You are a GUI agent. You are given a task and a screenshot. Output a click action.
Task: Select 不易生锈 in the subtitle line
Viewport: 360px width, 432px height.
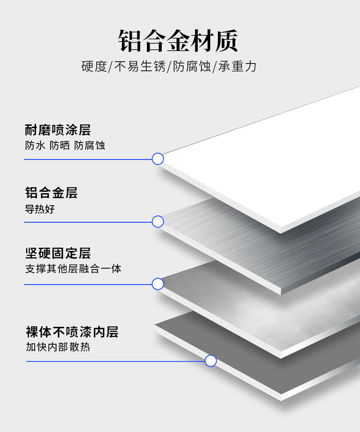pos(140,67)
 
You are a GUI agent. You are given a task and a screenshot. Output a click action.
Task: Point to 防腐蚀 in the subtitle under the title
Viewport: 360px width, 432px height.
pos(192,67)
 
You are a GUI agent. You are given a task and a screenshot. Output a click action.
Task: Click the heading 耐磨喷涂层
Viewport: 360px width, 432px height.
pos(58,129)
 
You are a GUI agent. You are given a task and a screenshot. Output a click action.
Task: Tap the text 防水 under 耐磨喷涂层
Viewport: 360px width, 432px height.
pos(36,146)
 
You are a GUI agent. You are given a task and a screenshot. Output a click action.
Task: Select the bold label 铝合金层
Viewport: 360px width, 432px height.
pos(51,193)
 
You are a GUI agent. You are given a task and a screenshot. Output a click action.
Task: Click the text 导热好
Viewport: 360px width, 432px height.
pos(39,209)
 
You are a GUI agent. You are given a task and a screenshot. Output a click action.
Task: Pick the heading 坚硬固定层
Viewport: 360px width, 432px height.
pos(58,253)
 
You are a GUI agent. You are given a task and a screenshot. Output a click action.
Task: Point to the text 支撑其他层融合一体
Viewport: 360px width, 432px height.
pos(73,269)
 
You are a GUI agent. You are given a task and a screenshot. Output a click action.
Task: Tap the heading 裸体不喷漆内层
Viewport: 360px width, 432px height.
pos(72,332)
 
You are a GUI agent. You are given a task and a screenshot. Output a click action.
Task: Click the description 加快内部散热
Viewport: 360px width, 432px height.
pos(58,347)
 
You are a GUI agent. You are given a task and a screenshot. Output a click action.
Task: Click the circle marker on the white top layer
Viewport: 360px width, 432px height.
pos(158,159)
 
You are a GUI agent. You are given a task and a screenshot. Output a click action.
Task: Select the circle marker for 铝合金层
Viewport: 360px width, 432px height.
pos(158,222)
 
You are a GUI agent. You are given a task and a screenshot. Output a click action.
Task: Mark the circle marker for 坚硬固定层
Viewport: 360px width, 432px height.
pos(158,284)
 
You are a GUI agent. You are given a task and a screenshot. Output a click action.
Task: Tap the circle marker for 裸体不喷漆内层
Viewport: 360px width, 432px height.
pos(211,361)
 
